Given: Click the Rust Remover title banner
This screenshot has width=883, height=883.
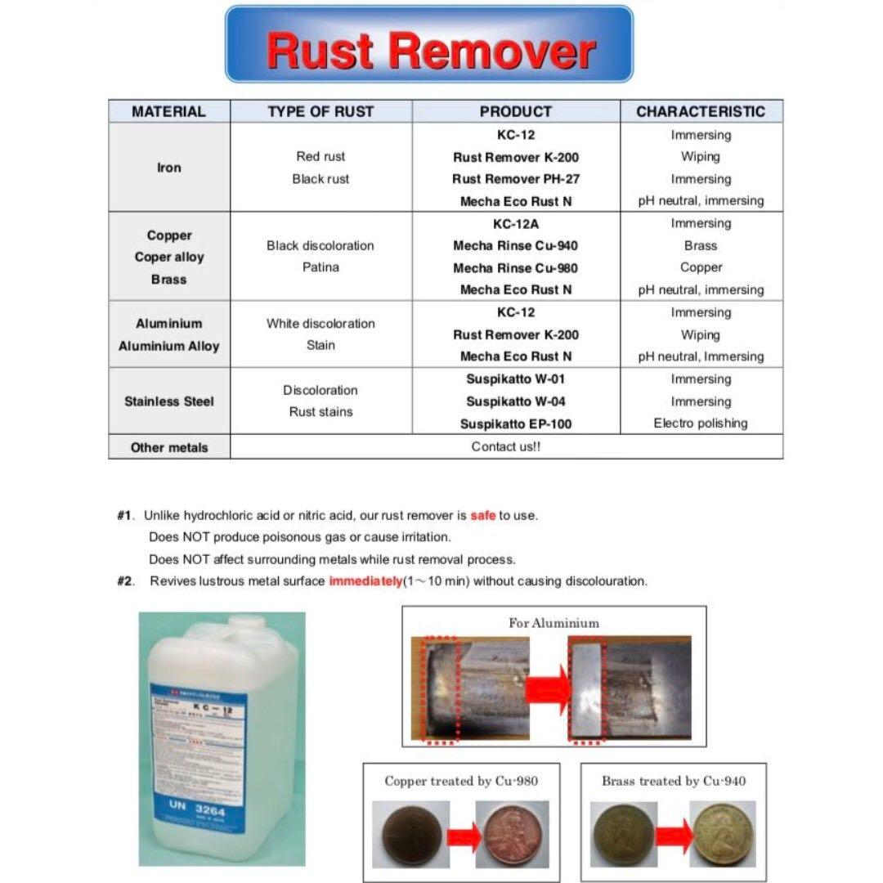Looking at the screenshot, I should [x=429, y=45].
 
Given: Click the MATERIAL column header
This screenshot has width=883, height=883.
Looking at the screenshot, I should [x=169, y=111].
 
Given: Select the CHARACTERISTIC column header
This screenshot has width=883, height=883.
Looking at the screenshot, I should [x=701, y=111].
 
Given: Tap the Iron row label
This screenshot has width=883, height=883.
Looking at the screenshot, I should [x=169, y=168].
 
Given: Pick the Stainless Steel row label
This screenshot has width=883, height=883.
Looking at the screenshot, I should [x=169, y=401].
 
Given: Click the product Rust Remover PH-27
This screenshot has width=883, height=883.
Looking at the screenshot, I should [x=515, y=179].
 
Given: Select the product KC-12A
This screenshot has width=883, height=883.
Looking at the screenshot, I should [x=515, y=223].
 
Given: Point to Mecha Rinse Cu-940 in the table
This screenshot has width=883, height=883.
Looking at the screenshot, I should [x=515, y=245].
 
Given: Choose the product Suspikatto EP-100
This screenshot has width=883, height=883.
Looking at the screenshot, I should [x=515, y=424].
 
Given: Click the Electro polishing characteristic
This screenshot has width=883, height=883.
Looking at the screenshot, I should [x=701, y=424].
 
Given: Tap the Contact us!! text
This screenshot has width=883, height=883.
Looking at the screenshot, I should [x=506, y=446].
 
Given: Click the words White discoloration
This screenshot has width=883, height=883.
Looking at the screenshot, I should [x=320, y=324].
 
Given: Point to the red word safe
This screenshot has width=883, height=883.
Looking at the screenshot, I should [x=482, y=516].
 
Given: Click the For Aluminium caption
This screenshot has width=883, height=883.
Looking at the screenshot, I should [x=554, y=623].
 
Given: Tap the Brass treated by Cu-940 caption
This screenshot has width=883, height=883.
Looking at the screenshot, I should [x=674, y=781].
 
